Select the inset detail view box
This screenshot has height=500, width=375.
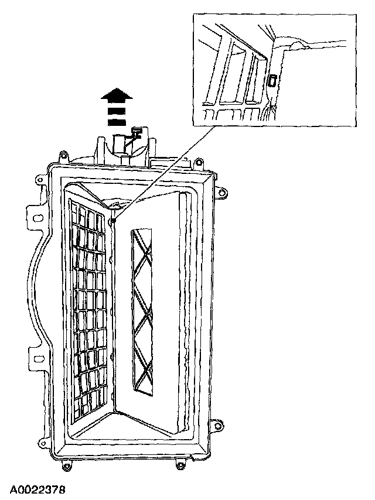tap(274, 70)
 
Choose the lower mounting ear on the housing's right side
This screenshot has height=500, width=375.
tap(219, 423)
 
